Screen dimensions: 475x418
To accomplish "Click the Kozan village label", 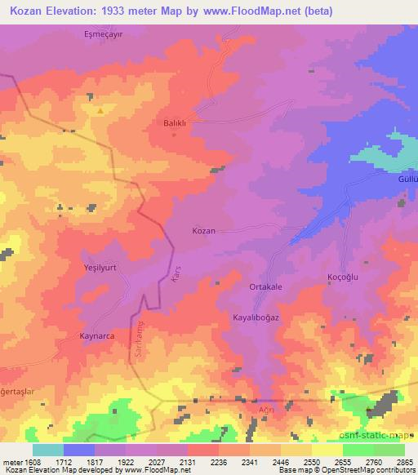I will point(203,231).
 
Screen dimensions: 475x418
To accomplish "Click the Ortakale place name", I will point(266,288).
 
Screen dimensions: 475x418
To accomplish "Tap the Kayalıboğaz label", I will point(256,317).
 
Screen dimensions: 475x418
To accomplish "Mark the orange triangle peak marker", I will point(100,110).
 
